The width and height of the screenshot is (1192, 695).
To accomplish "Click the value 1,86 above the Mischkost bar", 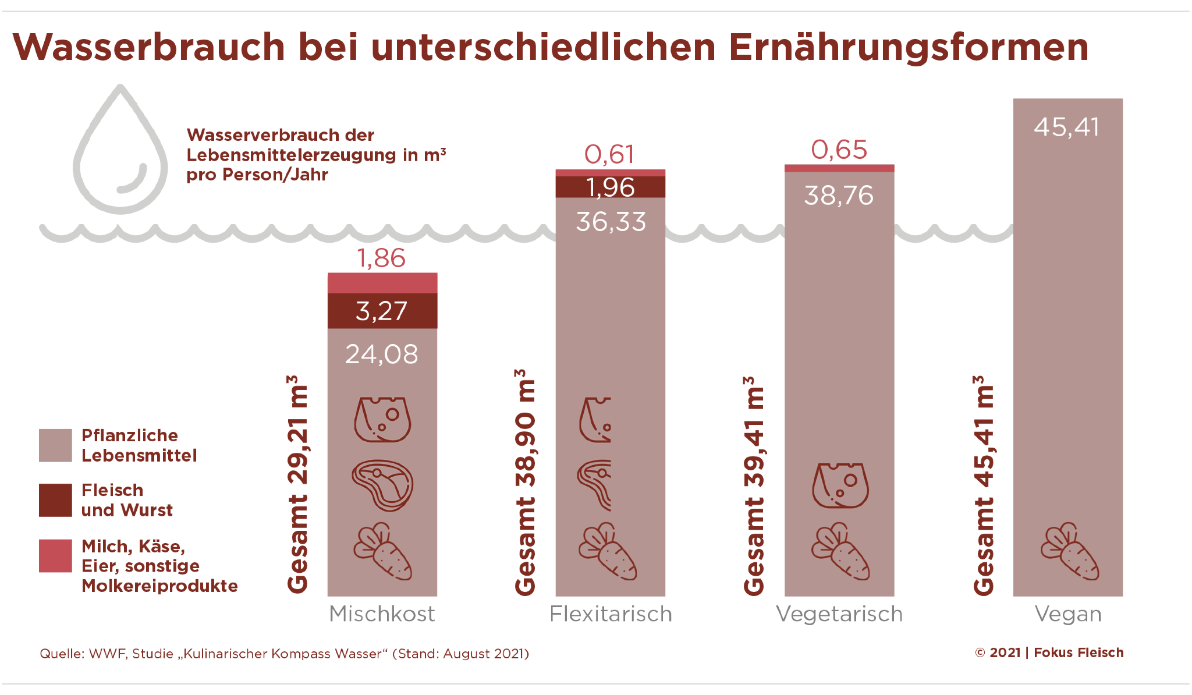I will coord(381,258).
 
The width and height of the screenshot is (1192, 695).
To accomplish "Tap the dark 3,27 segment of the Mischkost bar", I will coord(382,311).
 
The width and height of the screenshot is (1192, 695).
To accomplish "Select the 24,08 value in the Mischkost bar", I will coord(382,354).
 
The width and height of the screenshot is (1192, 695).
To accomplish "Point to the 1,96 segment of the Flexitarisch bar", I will coord(610,187).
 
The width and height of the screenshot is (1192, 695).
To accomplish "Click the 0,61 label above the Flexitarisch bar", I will coord(609,155).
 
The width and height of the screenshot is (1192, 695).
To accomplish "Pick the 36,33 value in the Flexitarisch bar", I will coord(611,222).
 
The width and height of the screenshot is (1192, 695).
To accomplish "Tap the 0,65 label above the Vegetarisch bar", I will coord(839,150).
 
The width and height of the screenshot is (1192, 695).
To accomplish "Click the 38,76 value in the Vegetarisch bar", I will coord(839,196).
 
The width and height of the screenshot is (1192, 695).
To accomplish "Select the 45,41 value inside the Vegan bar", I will coord(1067,127).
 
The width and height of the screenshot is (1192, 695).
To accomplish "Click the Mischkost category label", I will coord(382,614).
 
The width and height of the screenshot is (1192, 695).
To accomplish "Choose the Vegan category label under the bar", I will coord(1068,614).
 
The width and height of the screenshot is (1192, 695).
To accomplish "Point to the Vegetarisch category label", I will coord(839,614).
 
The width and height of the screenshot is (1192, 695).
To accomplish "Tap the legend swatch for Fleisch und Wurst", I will coord(55,500).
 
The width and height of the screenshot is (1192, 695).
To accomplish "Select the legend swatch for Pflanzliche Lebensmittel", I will coord(55,445).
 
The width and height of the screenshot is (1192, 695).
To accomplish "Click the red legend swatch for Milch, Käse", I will coord(55,556).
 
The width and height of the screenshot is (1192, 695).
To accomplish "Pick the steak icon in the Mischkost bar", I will coord(382,485).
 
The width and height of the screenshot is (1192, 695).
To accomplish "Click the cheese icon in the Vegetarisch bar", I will coord(840,485).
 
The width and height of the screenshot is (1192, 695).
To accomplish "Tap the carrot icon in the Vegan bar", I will coord(1070,551).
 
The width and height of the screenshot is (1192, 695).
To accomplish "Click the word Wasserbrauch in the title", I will coord(149,47).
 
